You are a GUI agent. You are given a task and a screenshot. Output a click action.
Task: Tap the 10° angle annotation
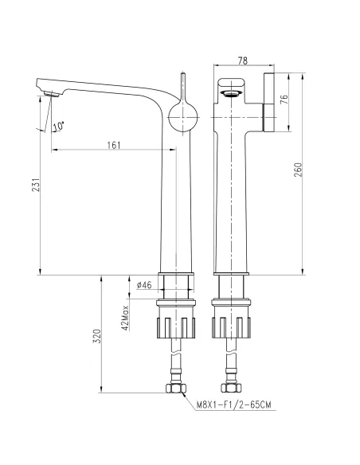(x=57, y=125)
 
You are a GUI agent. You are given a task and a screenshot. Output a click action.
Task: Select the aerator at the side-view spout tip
(x=52, y=94)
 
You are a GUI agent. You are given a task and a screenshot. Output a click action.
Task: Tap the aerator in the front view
(x=232, y=94)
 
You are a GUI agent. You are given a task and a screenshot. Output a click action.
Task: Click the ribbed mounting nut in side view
(x=177, y=326)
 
